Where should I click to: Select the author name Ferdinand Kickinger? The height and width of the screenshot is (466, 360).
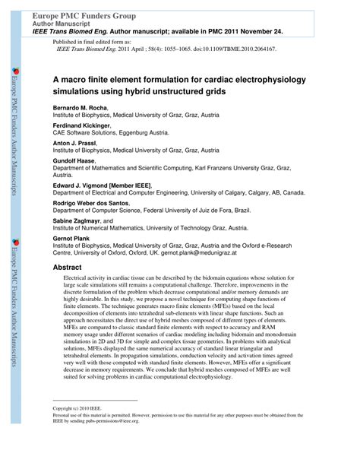coord(82,125)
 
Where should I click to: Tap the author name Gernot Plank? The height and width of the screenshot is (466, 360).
coord(74,238)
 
